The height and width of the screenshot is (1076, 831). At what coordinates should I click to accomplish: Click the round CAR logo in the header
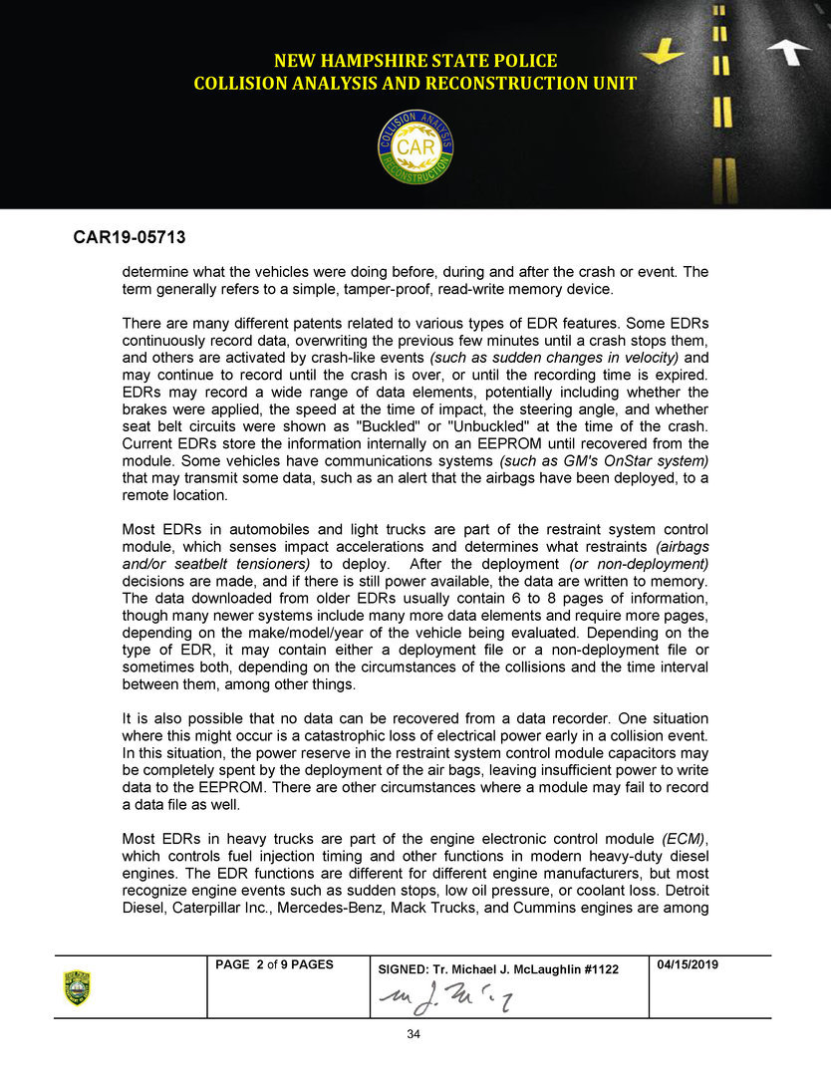pos(415,146)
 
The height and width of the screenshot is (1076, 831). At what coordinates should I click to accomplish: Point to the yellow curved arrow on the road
pos(663,50)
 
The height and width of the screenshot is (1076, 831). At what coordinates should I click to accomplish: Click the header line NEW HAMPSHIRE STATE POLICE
pos(415,61)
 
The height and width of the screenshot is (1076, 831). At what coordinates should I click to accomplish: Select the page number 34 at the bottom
pos(415,1034)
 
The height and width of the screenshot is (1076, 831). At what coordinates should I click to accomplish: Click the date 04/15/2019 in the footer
pos(689,964)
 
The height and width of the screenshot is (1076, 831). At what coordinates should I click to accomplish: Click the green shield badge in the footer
pos(77,987)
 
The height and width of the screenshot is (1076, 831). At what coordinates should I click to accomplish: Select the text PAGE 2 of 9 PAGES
pos(275,964)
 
